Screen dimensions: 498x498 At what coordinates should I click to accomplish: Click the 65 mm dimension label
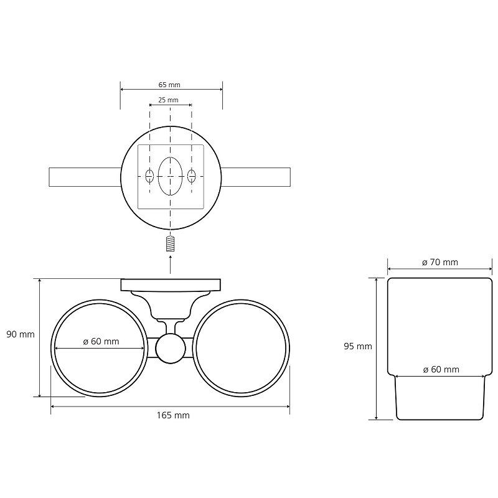[169, 85]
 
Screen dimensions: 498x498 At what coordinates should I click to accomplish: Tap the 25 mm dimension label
[168, 100]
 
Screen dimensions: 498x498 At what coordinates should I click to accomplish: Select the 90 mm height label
[21, 334]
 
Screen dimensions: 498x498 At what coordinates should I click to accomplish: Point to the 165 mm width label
[173, 415]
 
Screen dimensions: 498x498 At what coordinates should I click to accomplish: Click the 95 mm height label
[358, 346]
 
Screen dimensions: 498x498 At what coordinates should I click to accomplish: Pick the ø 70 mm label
[440, 262]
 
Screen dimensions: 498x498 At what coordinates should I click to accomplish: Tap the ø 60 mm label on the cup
[441, 369]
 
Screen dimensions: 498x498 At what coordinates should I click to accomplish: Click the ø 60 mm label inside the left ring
[101, 341]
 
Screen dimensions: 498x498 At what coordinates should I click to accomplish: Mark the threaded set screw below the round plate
[170, 244]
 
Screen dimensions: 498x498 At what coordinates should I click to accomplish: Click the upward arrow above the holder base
[170, 264]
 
